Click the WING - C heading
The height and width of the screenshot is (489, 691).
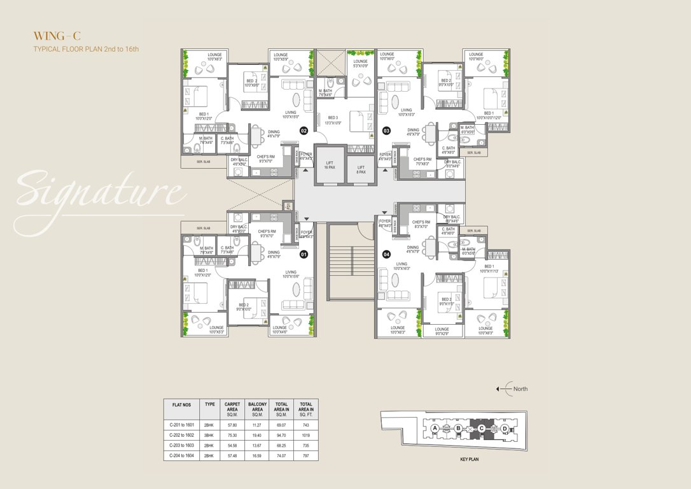point(57,36)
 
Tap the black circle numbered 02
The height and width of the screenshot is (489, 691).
point(304,131)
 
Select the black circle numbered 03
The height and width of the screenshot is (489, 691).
point(386,131)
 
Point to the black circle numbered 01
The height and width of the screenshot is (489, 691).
point(304,254)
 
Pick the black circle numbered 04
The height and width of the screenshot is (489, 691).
point(386,254)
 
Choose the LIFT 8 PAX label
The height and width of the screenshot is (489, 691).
point(361,169)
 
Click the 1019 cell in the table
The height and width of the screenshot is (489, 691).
point(306,435)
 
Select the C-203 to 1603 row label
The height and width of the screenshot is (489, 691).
point(181,445)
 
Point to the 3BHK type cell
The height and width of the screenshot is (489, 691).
point(209,435)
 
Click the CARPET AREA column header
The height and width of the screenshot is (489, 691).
point(232,408)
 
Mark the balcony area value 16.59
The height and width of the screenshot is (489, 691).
point(257,455)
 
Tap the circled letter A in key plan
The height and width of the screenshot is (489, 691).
point(435,429)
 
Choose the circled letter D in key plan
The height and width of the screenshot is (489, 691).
point(504,429)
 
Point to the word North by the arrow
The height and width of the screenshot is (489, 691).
point(520,389)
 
